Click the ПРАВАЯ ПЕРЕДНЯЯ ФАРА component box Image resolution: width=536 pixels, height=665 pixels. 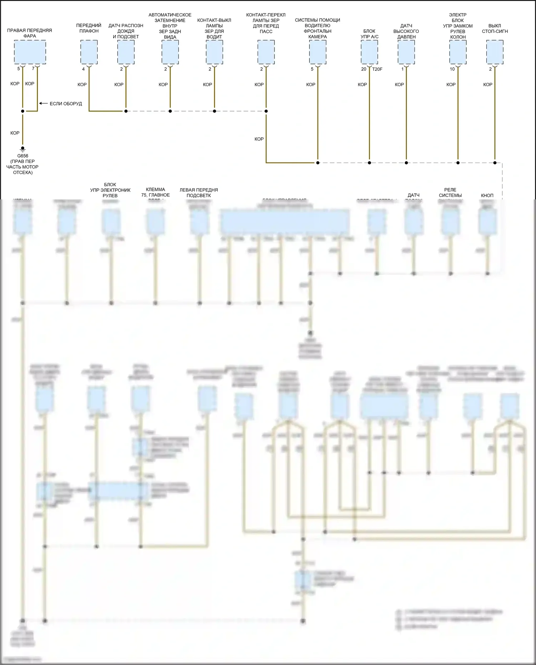pos(30,52)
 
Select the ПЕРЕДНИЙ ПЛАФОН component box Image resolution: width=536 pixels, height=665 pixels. pos(89,52)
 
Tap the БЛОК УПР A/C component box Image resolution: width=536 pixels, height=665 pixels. pos(369,52)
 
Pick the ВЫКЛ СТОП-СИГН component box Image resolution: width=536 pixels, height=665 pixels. pos(495,52)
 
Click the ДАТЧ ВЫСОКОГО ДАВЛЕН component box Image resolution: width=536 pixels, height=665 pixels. pos(406,52)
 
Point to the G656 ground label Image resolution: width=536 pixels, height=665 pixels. pos(23,156)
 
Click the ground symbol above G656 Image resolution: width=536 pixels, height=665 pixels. pos(23,149)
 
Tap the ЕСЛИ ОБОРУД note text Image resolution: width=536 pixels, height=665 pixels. pos(66,104)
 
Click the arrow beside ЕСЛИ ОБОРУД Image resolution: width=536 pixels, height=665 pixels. pos(43,103)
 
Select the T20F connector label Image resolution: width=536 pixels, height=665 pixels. pos(377,69)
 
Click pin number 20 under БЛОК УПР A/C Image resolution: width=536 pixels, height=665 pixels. pos(363,69)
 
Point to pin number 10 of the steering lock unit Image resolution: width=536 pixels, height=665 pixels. pos(452,69)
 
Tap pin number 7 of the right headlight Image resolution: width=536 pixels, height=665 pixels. pos(33,69)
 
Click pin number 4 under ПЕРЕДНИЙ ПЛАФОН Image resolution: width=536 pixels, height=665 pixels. pos(84,69)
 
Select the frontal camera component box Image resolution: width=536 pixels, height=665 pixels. pos(318,52)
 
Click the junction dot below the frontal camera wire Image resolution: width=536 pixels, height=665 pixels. pos(318,163)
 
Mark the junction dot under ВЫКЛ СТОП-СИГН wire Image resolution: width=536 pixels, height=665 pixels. pos(495,163)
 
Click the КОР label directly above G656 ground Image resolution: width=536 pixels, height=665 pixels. pos(15,133)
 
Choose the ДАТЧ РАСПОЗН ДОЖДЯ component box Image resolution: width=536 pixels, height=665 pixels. pos(126,52)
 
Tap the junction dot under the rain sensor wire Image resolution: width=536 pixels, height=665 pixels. pos(126,111)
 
